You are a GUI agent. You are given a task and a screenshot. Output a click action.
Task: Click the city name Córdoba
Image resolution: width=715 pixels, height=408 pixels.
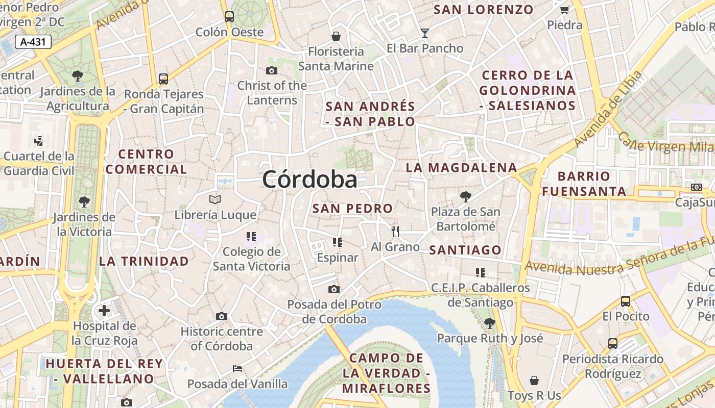point(309,180)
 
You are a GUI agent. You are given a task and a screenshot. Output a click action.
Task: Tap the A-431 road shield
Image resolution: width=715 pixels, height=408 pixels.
point(33,42)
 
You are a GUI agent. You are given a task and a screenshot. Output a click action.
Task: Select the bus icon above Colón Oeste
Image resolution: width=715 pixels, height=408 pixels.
point(229,17)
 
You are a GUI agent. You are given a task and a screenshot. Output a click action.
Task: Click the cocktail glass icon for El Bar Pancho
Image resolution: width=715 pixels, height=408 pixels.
point(424,33)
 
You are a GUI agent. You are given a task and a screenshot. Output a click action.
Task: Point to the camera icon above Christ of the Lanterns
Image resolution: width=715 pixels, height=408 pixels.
point(272,70)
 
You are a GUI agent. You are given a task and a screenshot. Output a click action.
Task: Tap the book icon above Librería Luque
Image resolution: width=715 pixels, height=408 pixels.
point(215,199)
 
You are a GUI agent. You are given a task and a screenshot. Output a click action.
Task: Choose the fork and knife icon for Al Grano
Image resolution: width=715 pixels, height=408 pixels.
point(395,232)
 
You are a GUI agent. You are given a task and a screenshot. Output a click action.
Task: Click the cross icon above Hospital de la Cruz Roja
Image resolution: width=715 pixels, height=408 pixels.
point(104,310)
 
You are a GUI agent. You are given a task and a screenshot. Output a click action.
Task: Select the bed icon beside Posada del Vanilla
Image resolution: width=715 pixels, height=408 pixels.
point(237,368)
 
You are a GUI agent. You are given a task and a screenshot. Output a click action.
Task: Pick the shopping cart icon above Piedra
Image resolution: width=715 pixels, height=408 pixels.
point(564,10)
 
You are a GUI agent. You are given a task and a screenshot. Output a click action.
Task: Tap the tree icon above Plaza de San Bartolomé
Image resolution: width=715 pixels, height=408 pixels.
point(465,196)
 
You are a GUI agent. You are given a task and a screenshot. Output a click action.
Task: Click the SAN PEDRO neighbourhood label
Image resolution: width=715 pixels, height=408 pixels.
point(352,208)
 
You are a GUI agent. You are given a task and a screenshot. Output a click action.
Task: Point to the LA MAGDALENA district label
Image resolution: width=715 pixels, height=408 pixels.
point(461,168)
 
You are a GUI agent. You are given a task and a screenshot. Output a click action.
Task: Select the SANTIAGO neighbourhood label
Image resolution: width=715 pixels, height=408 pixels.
point(465,250)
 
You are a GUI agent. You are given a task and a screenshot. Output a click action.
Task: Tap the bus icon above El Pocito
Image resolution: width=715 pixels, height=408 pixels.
point(626,301)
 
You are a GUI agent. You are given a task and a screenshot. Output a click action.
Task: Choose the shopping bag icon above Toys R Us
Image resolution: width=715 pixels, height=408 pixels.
point(534,380)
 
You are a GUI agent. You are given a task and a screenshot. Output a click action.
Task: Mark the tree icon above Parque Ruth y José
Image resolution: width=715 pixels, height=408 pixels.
point(489,323)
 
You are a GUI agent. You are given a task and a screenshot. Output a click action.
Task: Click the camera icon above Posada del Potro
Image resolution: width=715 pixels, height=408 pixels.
point(334,290)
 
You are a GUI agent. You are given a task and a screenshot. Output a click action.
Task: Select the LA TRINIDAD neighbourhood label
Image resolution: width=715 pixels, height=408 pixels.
point(144,261)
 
